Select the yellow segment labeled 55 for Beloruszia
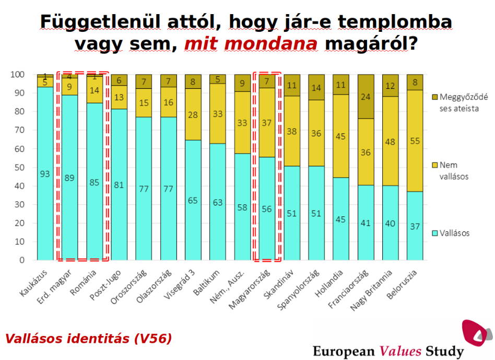[x=415, y=141]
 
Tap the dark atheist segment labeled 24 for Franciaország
[x=366, y=97]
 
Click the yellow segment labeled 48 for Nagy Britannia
[x=390, y=141]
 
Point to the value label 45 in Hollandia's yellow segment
[x=341, y=137]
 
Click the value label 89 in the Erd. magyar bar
[x=69, y=178]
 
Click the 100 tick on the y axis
[x=17, y=75]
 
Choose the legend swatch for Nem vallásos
[x=434, y=165]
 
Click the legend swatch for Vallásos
[x=434, y=233]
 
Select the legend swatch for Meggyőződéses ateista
[x=434, y=97]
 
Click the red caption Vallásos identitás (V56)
[x=88, y=339]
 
